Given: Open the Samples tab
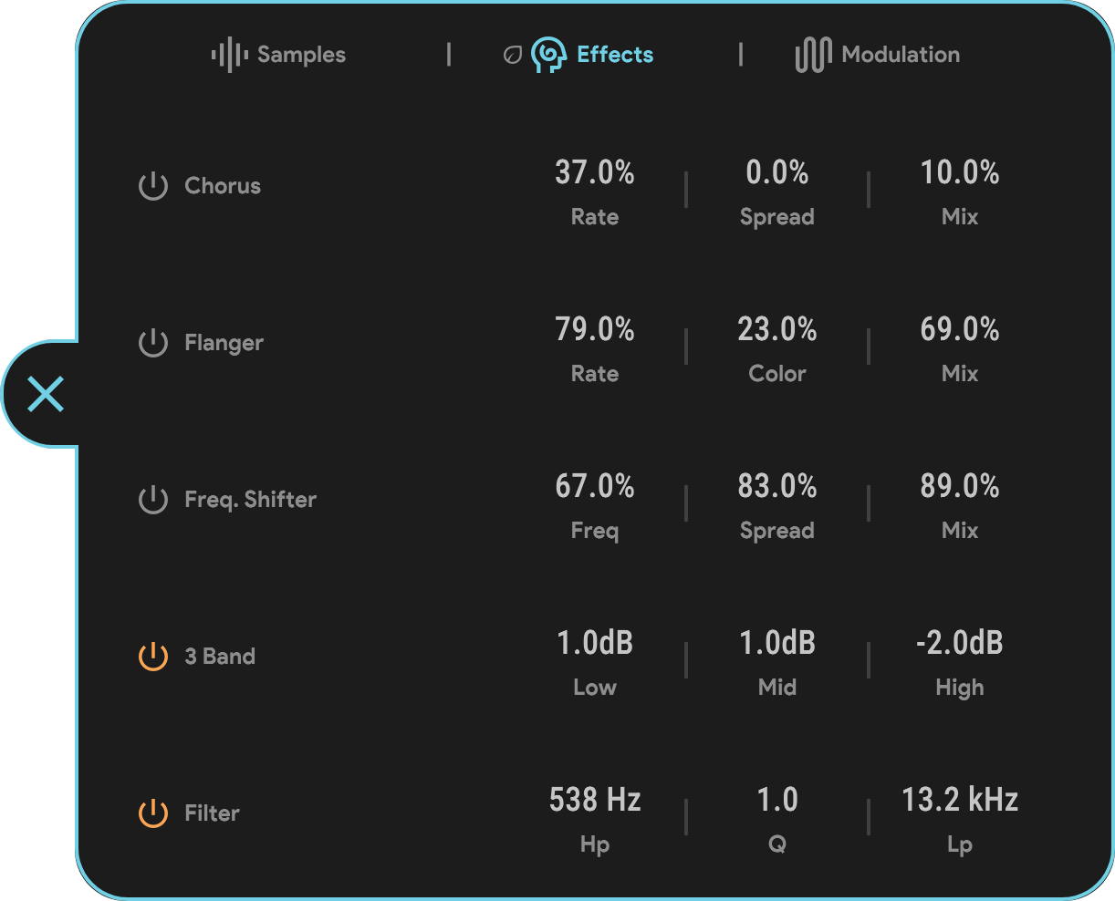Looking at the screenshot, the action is (x=278, y=55).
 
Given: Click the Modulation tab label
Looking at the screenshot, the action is (x=901, y=55).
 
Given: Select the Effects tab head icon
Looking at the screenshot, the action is (x=548, y=55).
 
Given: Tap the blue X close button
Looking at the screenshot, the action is (x=46, y=394).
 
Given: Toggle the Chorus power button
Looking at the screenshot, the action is (x=153, y=186).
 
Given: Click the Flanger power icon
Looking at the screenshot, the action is (x=153, y=343).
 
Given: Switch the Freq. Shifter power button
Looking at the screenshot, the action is (x=153, y=499).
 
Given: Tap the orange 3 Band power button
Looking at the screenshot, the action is (x=153, y=656).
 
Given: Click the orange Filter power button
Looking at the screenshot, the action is (x=153, y=813).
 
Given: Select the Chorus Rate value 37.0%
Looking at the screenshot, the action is (x=595, y=172).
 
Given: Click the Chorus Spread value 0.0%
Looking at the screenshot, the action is (x=776, y=172).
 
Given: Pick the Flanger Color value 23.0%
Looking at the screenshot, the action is (x=776, y=329).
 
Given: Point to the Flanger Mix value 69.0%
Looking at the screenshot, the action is (x=960, y=329).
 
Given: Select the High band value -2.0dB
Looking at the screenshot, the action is (x=960, y=643).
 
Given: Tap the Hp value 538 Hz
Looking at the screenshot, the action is (x=595, y=800).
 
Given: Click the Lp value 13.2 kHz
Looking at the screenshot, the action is (x=960, y=800).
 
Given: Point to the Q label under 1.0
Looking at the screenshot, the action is (x=776, y=844).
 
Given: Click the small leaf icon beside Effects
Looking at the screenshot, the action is (x=513, y=55).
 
